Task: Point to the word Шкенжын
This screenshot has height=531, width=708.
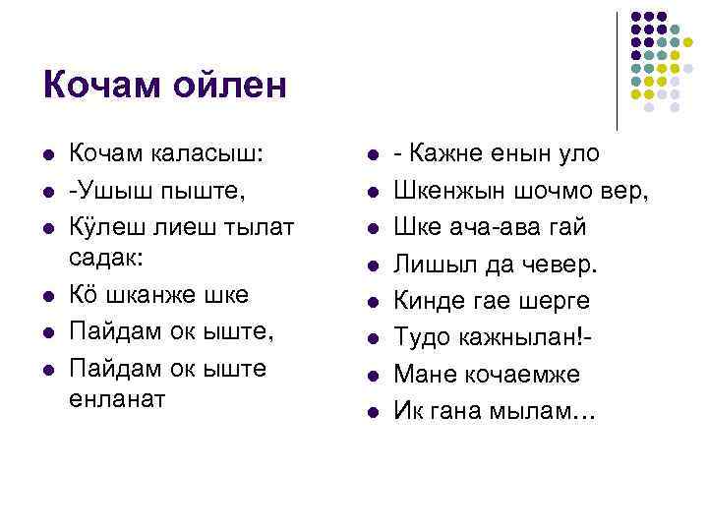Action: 448,190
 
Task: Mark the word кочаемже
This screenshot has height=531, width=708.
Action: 516,374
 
